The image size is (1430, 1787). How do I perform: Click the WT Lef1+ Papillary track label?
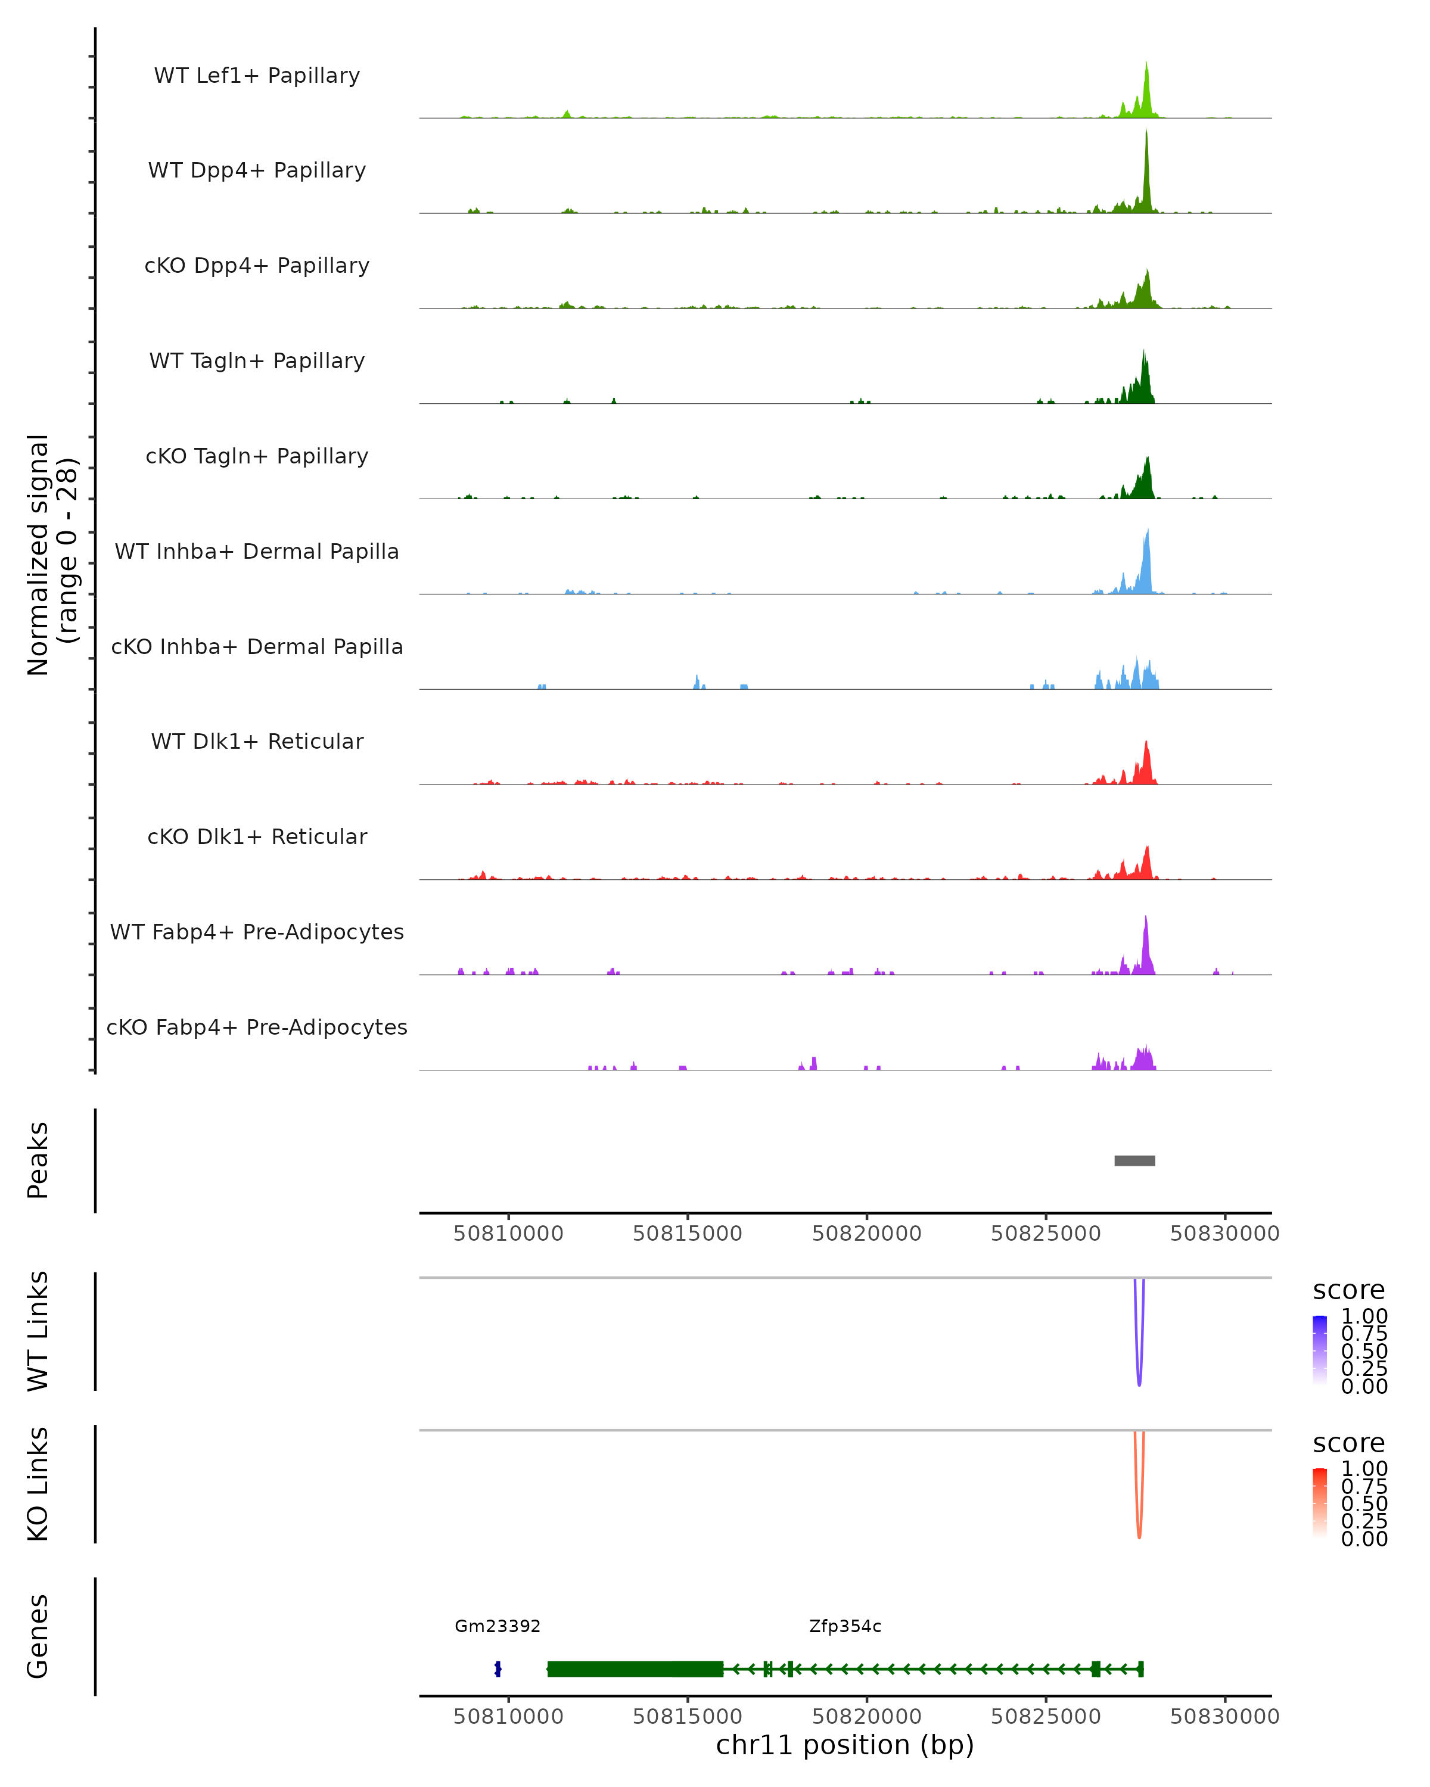click(x=257, y=76)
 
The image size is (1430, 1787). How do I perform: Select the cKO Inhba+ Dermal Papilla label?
click(x=257, y=646)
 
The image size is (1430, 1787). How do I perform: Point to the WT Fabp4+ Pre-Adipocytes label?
click(x=257, y=932)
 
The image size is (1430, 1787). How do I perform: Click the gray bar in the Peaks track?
click(x=1134, y=1160)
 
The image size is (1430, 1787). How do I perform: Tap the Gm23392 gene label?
click(x=498, y=1626)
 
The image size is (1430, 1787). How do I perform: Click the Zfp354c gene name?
click(x=845, y=1626)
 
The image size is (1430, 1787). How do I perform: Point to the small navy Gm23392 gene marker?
click(x=498, y=1669)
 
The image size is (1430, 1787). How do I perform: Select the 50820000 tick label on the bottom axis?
click(x=866, y=1717)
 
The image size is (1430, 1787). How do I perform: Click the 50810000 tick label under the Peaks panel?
click(x=508, y=1234)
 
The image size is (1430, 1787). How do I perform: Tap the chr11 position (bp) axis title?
click(x=845, y=1745)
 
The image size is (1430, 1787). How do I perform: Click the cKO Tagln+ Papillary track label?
click(x=257, y=456)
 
